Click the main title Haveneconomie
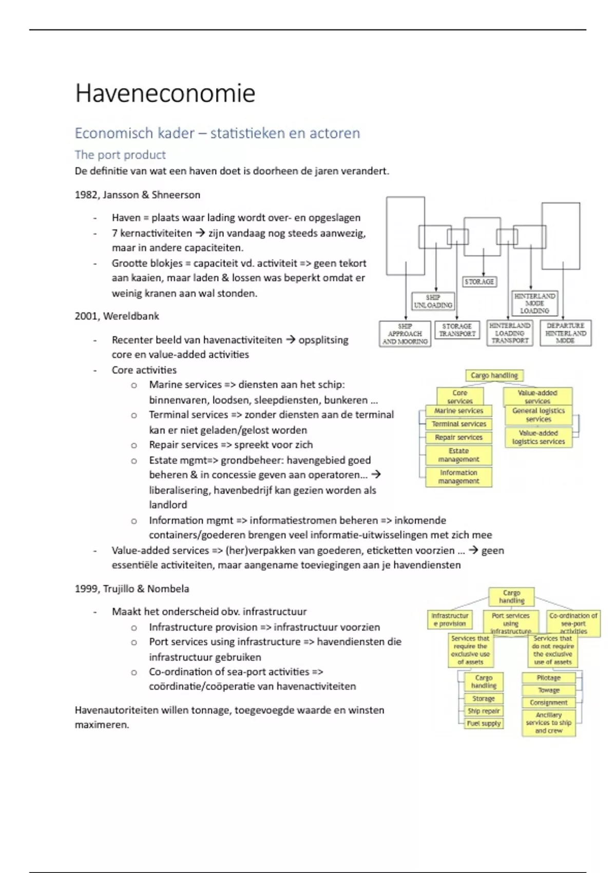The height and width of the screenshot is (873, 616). pyautogui.click(x=165, y=93)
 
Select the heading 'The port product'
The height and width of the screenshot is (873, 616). pyautogui.click(x=120, y=155)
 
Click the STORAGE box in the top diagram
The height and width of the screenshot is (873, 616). pyautogui.click(x=479, y=282)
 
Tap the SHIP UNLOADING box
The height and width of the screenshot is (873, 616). pyautogui.click(x=433, y=301)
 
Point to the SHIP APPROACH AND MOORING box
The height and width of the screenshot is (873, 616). pyautogui.click(x=405, y=334)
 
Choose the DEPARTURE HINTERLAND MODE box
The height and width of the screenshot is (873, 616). pyautogui.click(x=565, y=333)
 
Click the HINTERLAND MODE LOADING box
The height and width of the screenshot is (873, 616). pyautogui.click(x=534, y=303)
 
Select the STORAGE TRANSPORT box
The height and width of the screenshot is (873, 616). pyautogui.click(x=457, y=330)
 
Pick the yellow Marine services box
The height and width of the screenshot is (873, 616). pyautogui.click(x=458, y=411)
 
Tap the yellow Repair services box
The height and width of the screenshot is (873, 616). pyautogui.click(x=458, y=438)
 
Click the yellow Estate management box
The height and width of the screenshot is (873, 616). pyautogui.click(x=458, y=455)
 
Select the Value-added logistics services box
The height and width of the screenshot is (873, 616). pyautogui.click(x=538, y=438)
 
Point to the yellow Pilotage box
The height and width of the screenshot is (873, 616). pyautogui.click(x=548, y=678)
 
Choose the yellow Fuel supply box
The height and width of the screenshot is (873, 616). pyautogui.click(x=484, y=724)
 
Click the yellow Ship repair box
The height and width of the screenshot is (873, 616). pyautogui.click(x=484, y=711)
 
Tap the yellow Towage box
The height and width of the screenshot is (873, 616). pyautogui.click(x=548, y=690)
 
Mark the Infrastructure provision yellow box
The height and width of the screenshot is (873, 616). pyautogui.click(x=450, y=619)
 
